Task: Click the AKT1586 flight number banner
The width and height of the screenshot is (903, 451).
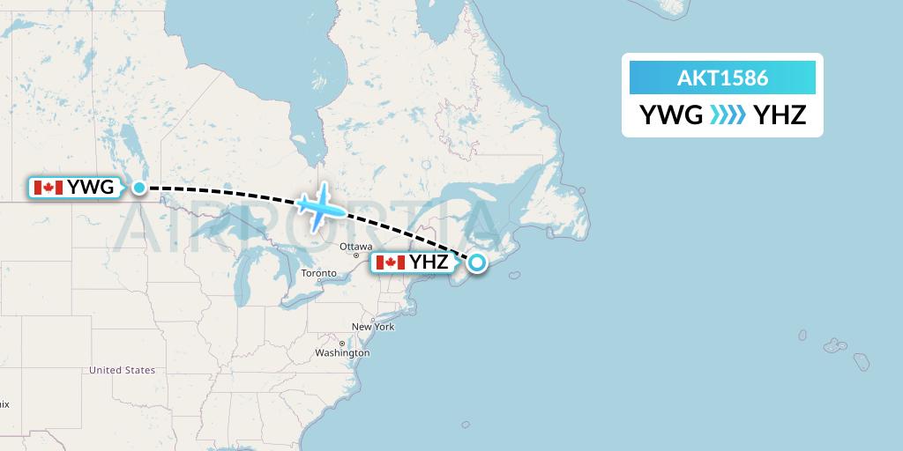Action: [722, 78]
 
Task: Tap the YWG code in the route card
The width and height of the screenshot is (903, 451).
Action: [671, 115]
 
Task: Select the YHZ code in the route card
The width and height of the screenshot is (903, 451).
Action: [780, 115]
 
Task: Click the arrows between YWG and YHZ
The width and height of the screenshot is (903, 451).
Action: [727, 115]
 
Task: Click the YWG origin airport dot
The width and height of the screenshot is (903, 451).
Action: [139, 187]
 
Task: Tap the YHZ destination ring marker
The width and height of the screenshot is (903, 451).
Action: [477, 262]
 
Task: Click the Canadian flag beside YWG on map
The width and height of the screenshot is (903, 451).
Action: [48, 188]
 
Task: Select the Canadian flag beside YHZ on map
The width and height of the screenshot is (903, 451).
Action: [390, 262]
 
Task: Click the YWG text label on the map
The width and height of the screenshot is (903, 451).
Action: [90, 188]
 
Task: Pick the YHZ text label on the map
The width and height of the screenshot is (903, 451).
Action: [429, 262]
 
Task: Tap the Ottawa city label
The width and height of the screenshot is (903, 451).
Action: [355, 247]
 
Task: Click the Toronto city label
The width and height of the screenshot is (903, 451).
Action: [318, 273]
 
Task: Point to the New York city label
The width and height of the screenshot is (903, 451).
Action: [373, 327]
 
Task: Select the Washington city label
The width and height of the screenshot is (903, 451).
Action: [342, 353]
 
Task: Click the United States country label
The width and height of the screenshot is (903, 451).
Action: [122, 370]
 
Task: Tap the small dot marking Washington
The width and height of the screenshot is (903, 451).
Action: [342, 344]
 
